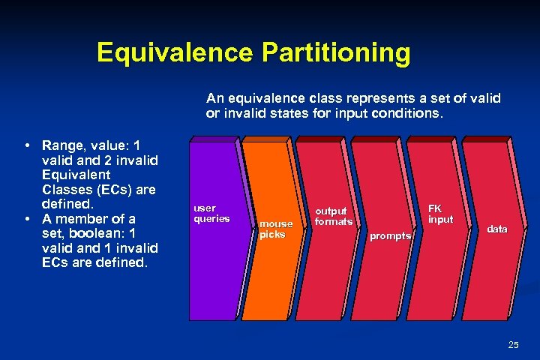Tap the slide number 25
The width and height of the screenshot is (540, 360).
tap(513, 345)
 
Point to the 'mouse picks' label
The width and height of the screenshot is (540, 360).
tap(275, 229)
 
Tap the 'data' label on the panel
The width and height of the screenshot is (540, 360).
tap(496, 229)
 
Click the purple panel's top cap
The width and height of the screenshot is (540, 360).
tap(214, 139)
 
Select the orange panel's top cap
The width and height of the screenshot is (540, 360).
tap(267, 139)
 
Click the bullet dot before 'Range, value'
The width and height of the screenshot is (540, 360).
tap(26, 145)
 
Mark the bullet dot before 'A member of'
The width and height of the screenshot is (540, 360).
tap(26, 219)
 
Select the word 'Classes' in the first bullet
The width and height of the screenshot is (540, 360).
tap(68, 190)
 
